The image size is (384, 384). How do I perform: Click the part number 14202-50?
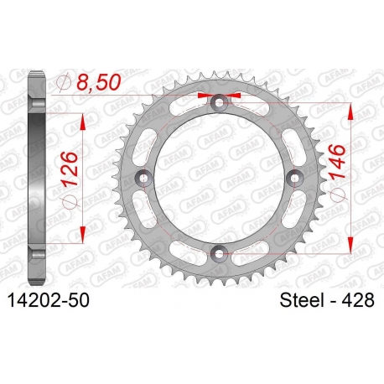pyautogui.click(x=49, y=301)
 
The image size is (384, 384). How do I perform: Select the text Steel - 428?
pyautogui.click(x=327, y=300)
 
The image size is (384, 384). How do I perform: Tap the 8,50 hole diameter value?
pyautogui.click(x=99, y=82)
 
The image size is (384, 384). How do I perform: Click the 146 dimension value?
pyautogui.click(x=337, y=162)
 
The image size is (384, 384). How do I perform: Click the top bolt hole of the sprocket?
pyautogui.click(x=219, y=102)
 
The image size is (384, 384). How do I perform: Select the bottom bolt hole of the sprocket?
pyautogui.click(x=219, y=253)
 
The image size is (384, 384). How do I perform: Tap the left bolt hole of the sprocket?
pyautogui.click(x=143, y=178)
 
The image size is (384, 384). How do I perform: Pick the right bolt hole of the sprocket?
pyautogui.click(x=295, y=178)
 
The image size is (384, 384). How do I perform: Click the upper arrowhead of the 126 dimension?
pyautogui.click(x=82, y=122)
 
